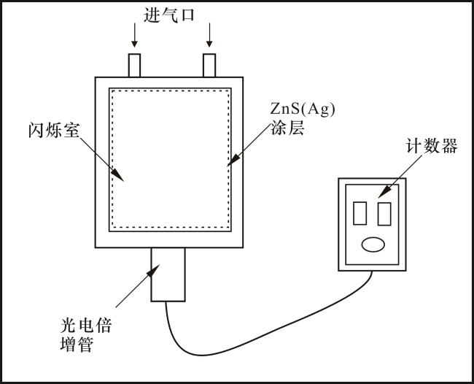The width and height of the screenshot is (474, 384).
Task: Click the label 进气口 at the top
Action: pos(168,15)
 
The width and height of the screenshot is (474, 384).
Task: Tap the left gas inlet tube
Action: pos(134,66)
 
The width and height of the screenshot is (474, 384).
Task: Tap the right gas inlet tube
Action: pos(209,66)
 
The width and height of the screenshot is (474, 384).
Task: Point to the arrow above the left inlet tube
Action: pos(134,35)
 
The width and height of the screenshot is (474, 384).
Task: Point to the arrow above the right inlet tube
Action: pos(209,35)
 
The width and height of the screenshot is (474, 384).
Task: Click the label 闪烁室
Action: pos(54,130)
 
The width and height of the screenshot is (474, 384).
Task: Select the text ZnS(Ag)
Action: pos(303,110)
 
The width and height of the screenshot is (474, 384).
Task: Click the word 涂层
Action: pos(287,128)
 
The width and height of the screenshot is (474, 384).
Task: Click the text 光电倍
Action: pos(86,326)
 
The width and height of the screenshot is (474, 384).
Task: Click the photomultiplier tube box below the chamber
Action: pos(168,274)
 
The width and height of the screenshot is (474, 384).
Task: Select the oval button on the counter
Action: pos(373,245)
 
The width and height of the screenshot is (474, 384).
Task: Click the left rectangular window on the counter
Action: pos(360,213)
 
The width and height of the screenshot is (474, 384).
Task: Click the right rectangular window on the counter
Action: pos(384,214)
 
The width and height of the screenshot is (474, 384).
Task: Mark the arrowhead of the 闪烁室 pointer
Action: pos(119,176)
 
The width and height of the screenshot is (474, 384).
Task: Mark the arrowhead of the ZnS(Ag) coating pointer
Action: pos(233,160)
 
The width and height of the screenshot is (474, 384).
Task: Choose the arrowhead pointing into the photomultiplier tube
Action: pos(153,270)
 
